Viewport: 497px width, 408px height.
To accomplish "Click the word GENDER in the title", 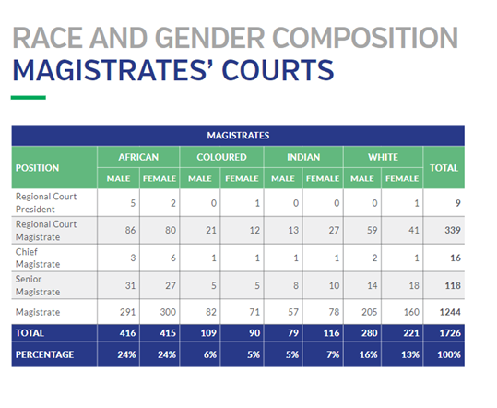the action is click(210, 38).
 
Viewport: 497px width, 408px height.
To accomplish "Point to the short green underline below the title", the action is click(29, 98).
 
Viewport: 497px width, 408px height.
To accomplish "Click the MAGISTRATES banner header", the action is click(238, 136).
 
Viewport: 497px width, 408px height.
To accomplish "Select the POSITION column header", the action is click(37, 168).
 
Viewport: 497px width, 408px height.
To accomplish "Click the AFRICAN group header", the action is click(138, 157).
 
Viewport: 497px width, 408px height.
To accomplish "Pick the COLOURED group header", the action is click(221, 157).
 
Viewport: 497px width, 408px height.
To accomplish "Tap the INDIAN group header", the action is click(303, 157).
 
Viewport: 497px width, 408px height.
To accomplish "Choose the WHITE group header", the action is click(383, 157).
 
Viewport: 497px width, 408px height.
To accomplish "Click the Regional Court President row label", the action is click(46, 203).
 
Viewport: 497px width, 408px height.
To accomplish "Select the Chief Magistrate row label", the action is click(38, 258).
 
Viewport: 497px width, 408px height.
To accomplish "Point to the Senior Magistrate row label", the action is click(38, 285).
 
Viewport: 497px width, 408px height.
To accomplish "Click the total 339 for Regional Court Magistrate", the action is click(453, 230).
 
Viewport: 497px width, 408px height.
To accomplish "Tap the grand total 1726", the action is click(450, 333).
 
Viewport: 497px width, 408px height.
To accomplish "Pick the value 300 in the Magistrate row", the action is click(168, 312).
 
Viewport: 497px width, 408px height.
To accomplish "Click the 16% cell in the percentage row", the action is click(368, 354).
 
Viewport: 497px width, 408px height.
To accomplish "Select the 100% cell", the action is click(449, 354).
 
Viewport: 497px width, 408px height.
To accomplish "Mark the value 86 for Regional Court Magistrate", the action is click(130, 230).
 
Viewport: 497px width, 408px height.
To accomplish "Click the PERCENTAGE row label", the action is click(44, 354).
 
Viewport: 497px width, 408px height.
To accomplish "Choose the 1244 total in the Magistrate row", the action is click(450, 312).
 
